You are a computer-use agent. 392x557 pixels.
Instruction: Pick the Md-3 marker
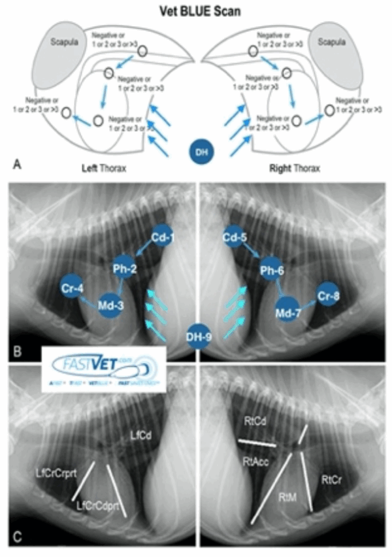click(x=110, y=306)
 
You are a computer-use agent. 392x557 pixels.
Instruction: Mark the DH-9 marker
click(x=197, y=332)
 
